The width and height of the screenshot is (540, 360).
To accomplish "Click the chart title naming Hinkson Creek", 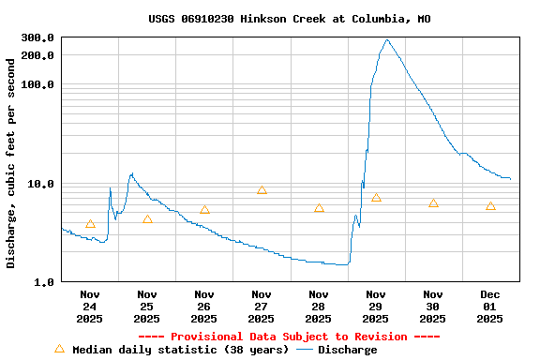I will (289, 19).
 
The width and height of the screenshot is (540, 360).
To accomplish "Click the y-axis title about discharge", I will (11, 163).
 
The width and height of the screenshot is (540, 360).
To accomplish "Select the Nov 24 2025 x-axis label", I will (90, 307).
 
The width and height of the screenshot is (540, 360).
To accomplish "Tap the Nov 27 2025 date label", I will (262, 307).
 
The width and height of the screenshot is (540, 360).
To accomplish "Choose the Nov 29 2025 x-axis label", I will (376, 307).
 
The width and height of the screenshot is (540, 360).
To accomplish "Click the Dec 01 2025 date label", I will (490, 307).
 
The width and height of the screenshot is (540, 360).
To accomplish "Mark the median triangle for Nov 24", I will (90, 224).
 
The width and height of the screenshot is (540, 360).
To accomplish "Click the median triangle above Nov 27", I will (262, 190).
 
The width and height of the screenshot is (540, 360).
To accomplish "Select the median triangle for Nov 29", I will (376, 198).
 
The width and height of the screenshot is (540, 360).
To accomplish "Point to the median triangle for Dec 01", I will (490, 206).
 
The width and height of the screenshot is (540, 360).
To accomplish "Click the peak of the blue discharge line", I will (387, 40).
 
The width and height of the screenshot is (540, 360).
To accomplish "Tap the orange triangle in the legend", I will (60, 349).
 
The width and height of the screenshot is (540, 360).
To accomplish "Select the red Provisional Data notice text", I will (289, 337).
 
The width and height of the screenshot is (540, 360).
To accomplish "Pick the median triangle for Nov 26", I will (204, 210).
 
